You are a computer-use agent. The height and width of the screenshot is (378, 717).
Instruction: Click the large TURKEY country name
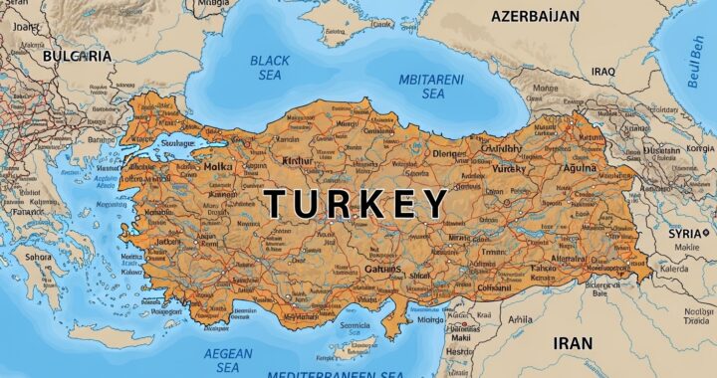(x=356, y=204)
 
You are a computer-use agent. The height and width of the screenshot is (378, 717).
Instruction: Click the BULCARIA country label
(x=77, y=57)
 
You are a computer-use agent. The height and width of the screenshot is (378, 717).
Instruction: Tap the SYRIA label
(x=687, y=232)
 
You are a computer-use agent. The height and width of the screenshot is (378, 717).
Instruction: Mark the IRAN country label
(x=574, y=343)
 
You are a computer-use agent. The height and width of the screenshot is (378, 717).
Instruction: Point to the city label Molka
(x=218, y=167)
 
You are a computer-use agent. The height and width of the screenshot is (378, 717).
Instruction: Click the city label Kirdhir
(x=298, y=160)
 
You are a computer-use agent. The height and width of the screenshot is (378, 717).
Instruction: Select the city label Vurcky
(x=508, y=169)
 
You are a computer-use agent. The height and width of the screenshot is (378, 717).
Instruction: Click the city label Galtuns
(x=381, y=269)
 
